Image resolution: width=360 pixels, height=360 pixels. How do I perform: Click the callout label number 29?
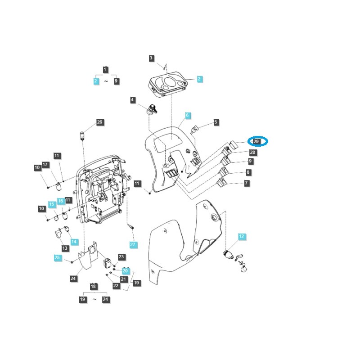256,141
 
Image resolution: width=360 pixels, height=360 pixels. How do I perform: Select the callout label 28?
252,153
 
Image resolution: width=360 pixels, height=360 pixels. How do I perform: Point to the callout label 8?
248,172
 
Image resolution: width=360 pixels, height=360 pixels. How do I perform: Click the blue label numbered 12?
241,236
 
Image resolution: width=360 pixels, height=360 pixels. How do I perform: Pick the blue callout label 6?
187,116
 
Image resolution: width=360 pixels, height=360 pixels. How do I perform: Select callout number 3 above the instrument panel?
151,58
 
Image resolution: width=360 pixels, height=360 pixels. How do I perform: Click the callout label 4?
133,100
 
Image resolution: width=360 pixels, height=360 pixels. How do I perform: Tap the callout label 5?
216,122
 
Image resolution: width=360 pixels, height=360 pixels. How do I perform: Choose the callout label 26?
99,122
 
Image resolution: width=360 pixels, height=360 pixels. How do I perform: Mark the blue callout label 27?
133,244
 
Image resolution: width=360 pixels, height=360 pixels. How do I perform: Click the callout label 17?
45,165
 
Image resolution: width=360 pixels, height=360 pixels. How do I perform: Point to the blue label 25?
57,257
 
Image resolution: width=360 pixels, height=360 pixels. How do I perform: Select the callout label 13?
65,248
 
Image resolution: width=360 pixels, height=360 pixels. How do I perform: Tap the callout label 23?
121,257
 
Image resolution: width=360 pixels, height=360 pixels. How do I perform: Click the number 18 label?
94,286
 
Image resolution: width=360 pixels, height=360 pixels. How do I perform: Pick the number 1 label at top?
105,70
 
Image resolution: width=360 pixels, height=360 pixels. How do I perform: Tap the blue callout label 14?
74,242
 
